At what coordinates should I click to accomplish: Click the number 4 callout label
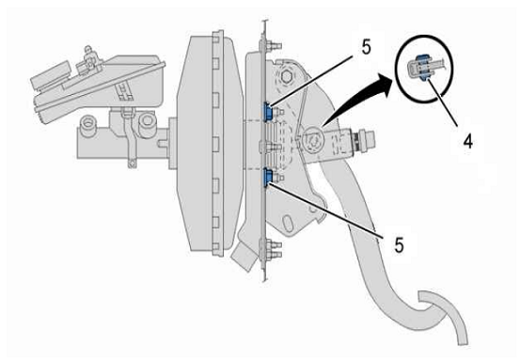tap(467, 142)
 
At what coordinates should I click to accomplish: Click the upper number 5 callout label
tap(367, 47)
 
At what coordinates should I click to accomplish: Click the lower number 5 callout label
tap(399, 245)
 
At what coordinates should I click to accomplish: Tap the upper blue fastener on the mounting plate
tap(268, 111)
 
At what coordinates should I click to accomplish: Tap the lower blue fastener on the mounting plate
tap(268, 177)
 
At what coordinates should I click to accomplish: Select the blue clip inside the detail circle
tap(423, 68)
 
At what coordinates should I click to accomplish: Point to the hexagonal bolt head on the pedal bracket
tap(286, 76)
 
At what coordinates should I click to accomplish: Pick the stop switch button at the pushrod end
tap(366, 140)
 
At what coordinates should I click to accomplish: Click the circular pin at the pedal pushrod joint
tap(312, 139)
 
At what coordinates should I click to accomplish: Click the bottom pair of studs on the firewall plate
tap(274, 250)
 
